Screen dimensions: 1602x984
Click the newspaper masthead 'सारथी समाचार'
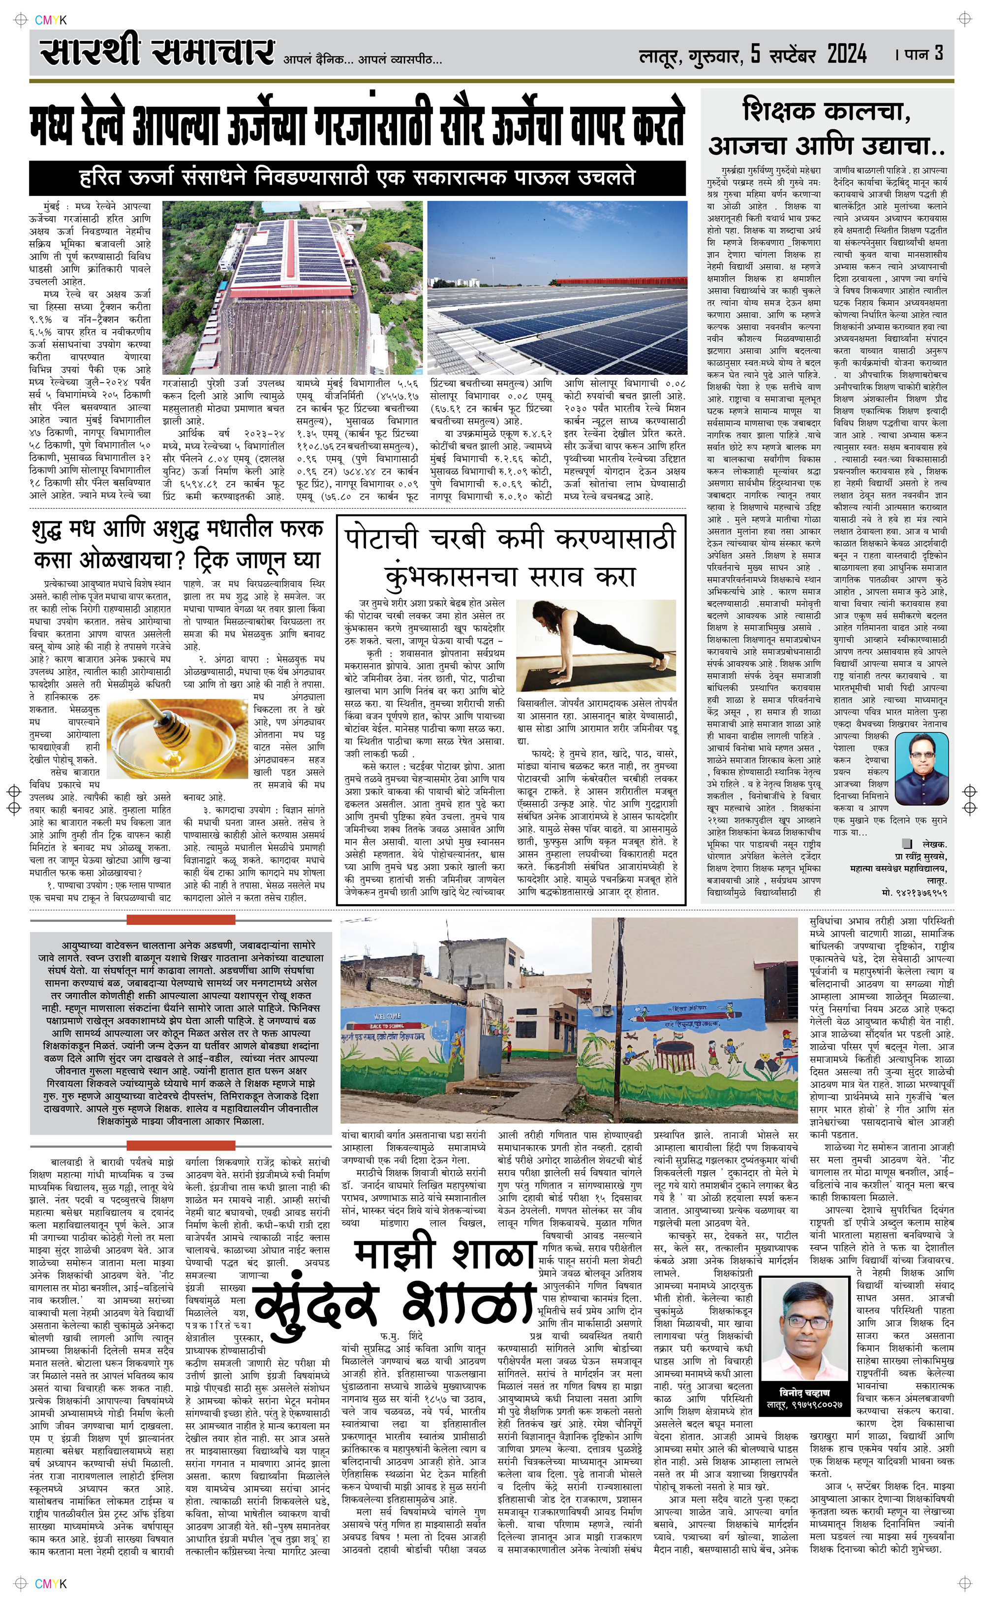coord(156,53)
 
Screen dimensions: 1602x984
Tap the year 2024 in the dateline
coord(847,55)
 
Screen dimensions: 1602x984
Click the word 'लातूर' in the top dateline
coord(659,57)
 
